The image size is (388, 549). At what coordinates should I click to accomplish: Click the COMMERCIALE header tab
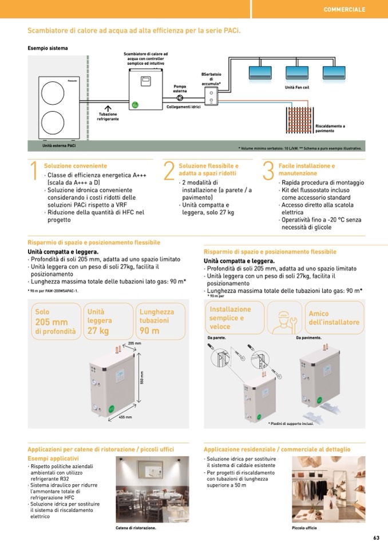tap(345, 10)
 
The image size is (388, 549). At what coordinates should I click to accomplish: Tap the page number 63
tap(376, 538)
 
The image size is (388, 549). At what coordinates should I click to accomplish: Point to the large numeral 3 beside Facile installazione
tap(268, 172)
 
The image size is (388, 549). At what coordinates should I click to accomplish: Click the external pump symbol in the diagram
tap(180, 97)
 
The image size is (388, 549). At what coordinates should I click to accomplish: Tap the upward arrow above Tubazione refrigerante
tap(108, 108)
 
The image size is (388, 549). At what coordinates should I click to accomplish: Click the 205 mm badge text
tap(52, 322)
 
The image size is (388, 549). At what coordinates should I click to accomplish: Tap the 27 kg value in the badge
tap(98, 331)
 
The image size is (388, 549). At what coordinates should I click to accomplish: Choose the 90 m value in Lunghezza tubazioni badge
tap(149, 331)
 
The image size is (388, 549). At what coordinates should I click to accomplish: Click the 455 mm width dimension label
tap(125, 417)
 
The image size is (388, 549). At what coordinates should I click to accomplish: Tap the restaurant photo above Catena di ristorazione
tap(144, 489)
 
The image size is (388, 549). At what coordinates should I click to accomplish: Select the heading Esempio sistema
tap(47, 48)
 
